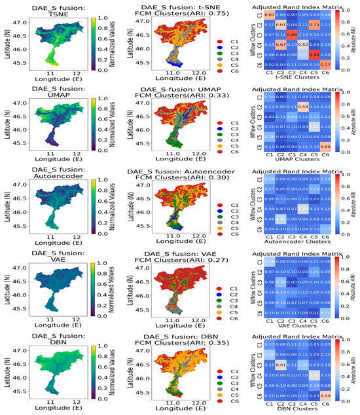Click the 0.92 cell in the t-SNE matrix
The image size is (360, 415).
pos(315,54)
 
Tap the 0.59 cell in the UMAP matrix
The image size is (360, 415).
pos(304,107)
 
